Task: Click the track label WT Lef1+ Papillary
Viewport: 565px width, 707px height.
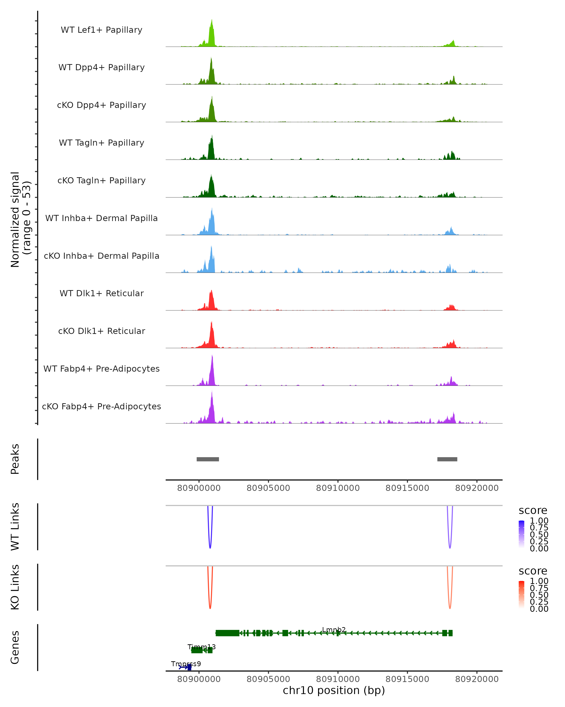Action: point(101,30)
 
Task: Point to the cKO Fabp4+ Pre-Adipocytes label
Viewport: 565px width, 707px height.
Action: point(101,406)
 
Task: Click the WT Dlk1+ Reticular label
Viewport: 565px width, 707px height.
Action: point(101,293)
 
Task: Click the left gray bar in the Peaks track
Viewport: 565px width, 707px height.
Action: point(208,459)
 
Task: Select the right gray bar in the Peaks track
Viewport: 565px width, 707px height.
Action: point(447,459)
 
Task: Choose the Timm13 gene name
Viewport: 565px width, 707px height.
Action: point(202,647)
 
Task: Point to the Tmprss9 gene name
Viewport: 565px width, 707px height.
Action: point(186,664)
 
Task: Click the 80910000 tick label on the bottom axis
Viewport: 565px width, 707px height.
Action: point(338,679)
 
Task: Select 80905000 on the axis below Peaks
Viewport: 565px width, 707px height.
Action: point(268,488)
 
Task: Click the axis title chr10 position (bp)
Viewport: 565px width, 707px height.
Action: point(334,691)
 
